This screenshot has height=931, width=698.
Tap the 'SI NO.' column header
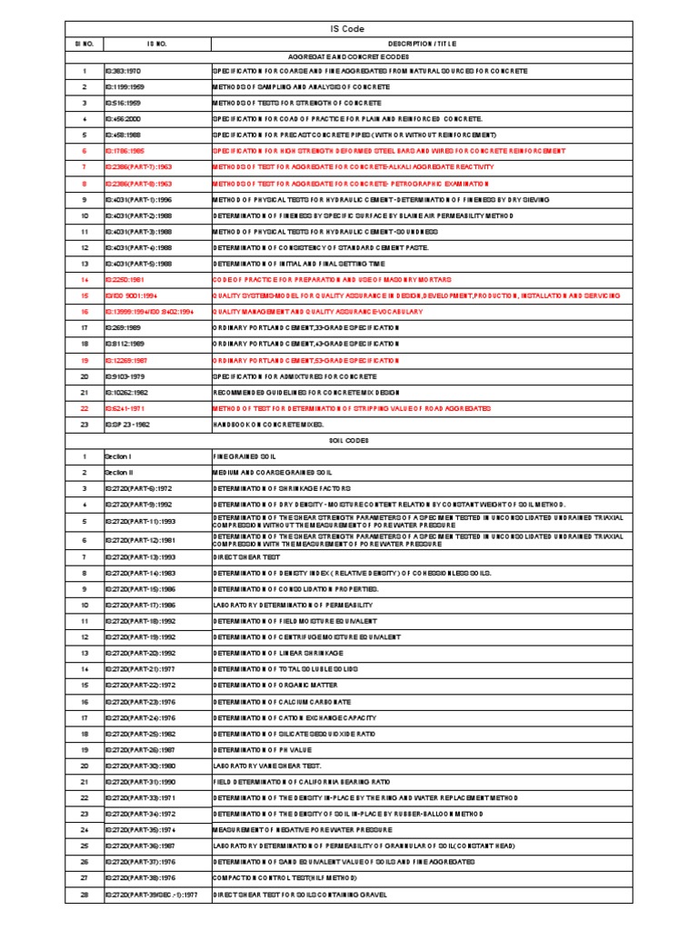click(84, 43)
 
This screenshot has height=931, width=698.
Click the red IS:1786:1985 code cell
click(125, 151)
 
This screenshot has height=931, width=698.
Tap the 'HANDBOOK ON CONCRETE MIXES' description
click(268, 425)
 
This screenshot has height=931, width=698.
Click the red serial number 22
click(84, 408)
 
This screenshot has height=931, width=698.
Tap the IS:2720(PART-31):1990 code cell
click(136, 781)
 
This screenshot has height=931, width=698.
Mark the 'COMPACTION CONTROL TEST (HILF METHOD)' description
click(285, 878)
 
